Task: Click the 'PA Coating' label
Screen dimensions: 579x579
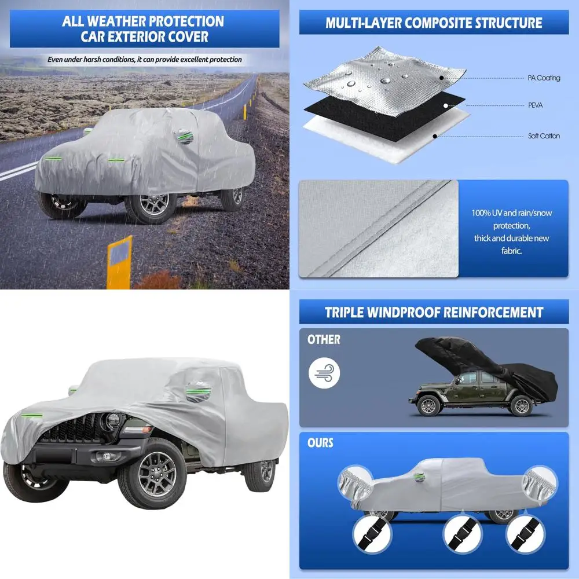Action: point(543,78)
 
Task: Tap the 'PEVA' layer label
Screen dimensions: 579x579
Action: point(535,105)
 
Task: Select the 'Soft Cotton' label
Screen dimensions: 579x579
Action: point(543,136)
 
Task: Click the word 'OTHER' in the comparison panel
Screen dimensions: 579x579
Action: point(324,340)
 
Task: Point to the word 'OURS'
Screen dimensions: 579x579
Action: point(320,443)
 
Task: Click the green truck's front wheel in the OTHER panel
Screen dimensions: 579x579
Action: point(430,406)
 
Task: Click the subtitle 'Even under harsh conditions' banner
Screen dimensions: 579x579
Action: point(145,59)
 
